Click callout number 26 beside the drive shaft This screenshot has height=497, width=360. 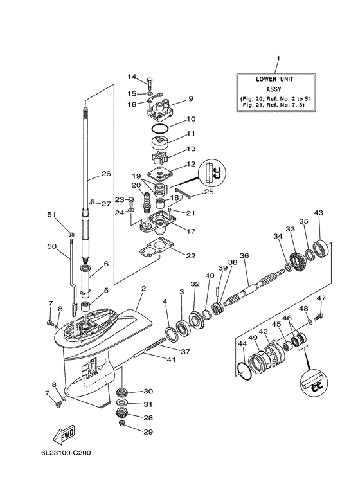coord(106,174)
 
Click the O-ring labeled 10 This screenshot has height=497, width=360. coord(159,127)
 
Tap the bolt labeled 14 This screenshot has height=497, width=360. coord(150,82)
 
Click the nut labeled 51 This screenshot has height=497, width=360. coord(72,231)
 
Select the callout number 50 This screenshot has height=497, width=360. coord(52,246)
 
